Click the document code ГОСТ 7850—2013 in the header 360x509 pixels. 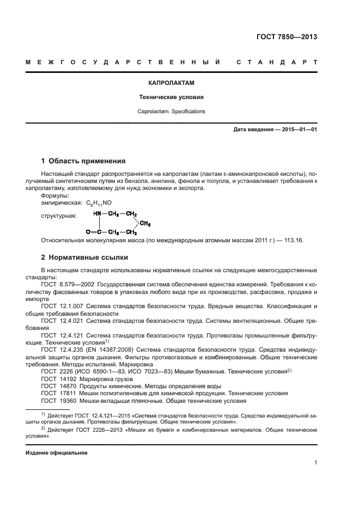point(286,38)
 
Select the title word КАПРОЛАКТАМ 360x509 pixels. point(172,83)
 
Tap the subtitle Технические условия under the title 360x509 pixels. point(172,97)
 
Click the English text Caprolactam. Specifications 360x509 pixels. point(172,111)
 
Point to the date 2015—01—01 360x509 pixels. point(298,130)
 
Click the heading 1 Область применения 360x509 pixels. point(83,161)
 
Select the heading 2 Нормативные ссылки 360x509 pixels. point(85,257)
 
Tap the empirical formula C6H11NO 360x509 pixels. point(99,203)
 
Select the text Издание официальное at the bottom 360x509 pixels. point(56,452)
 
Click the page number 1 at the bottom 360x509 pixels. point(315,463)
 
